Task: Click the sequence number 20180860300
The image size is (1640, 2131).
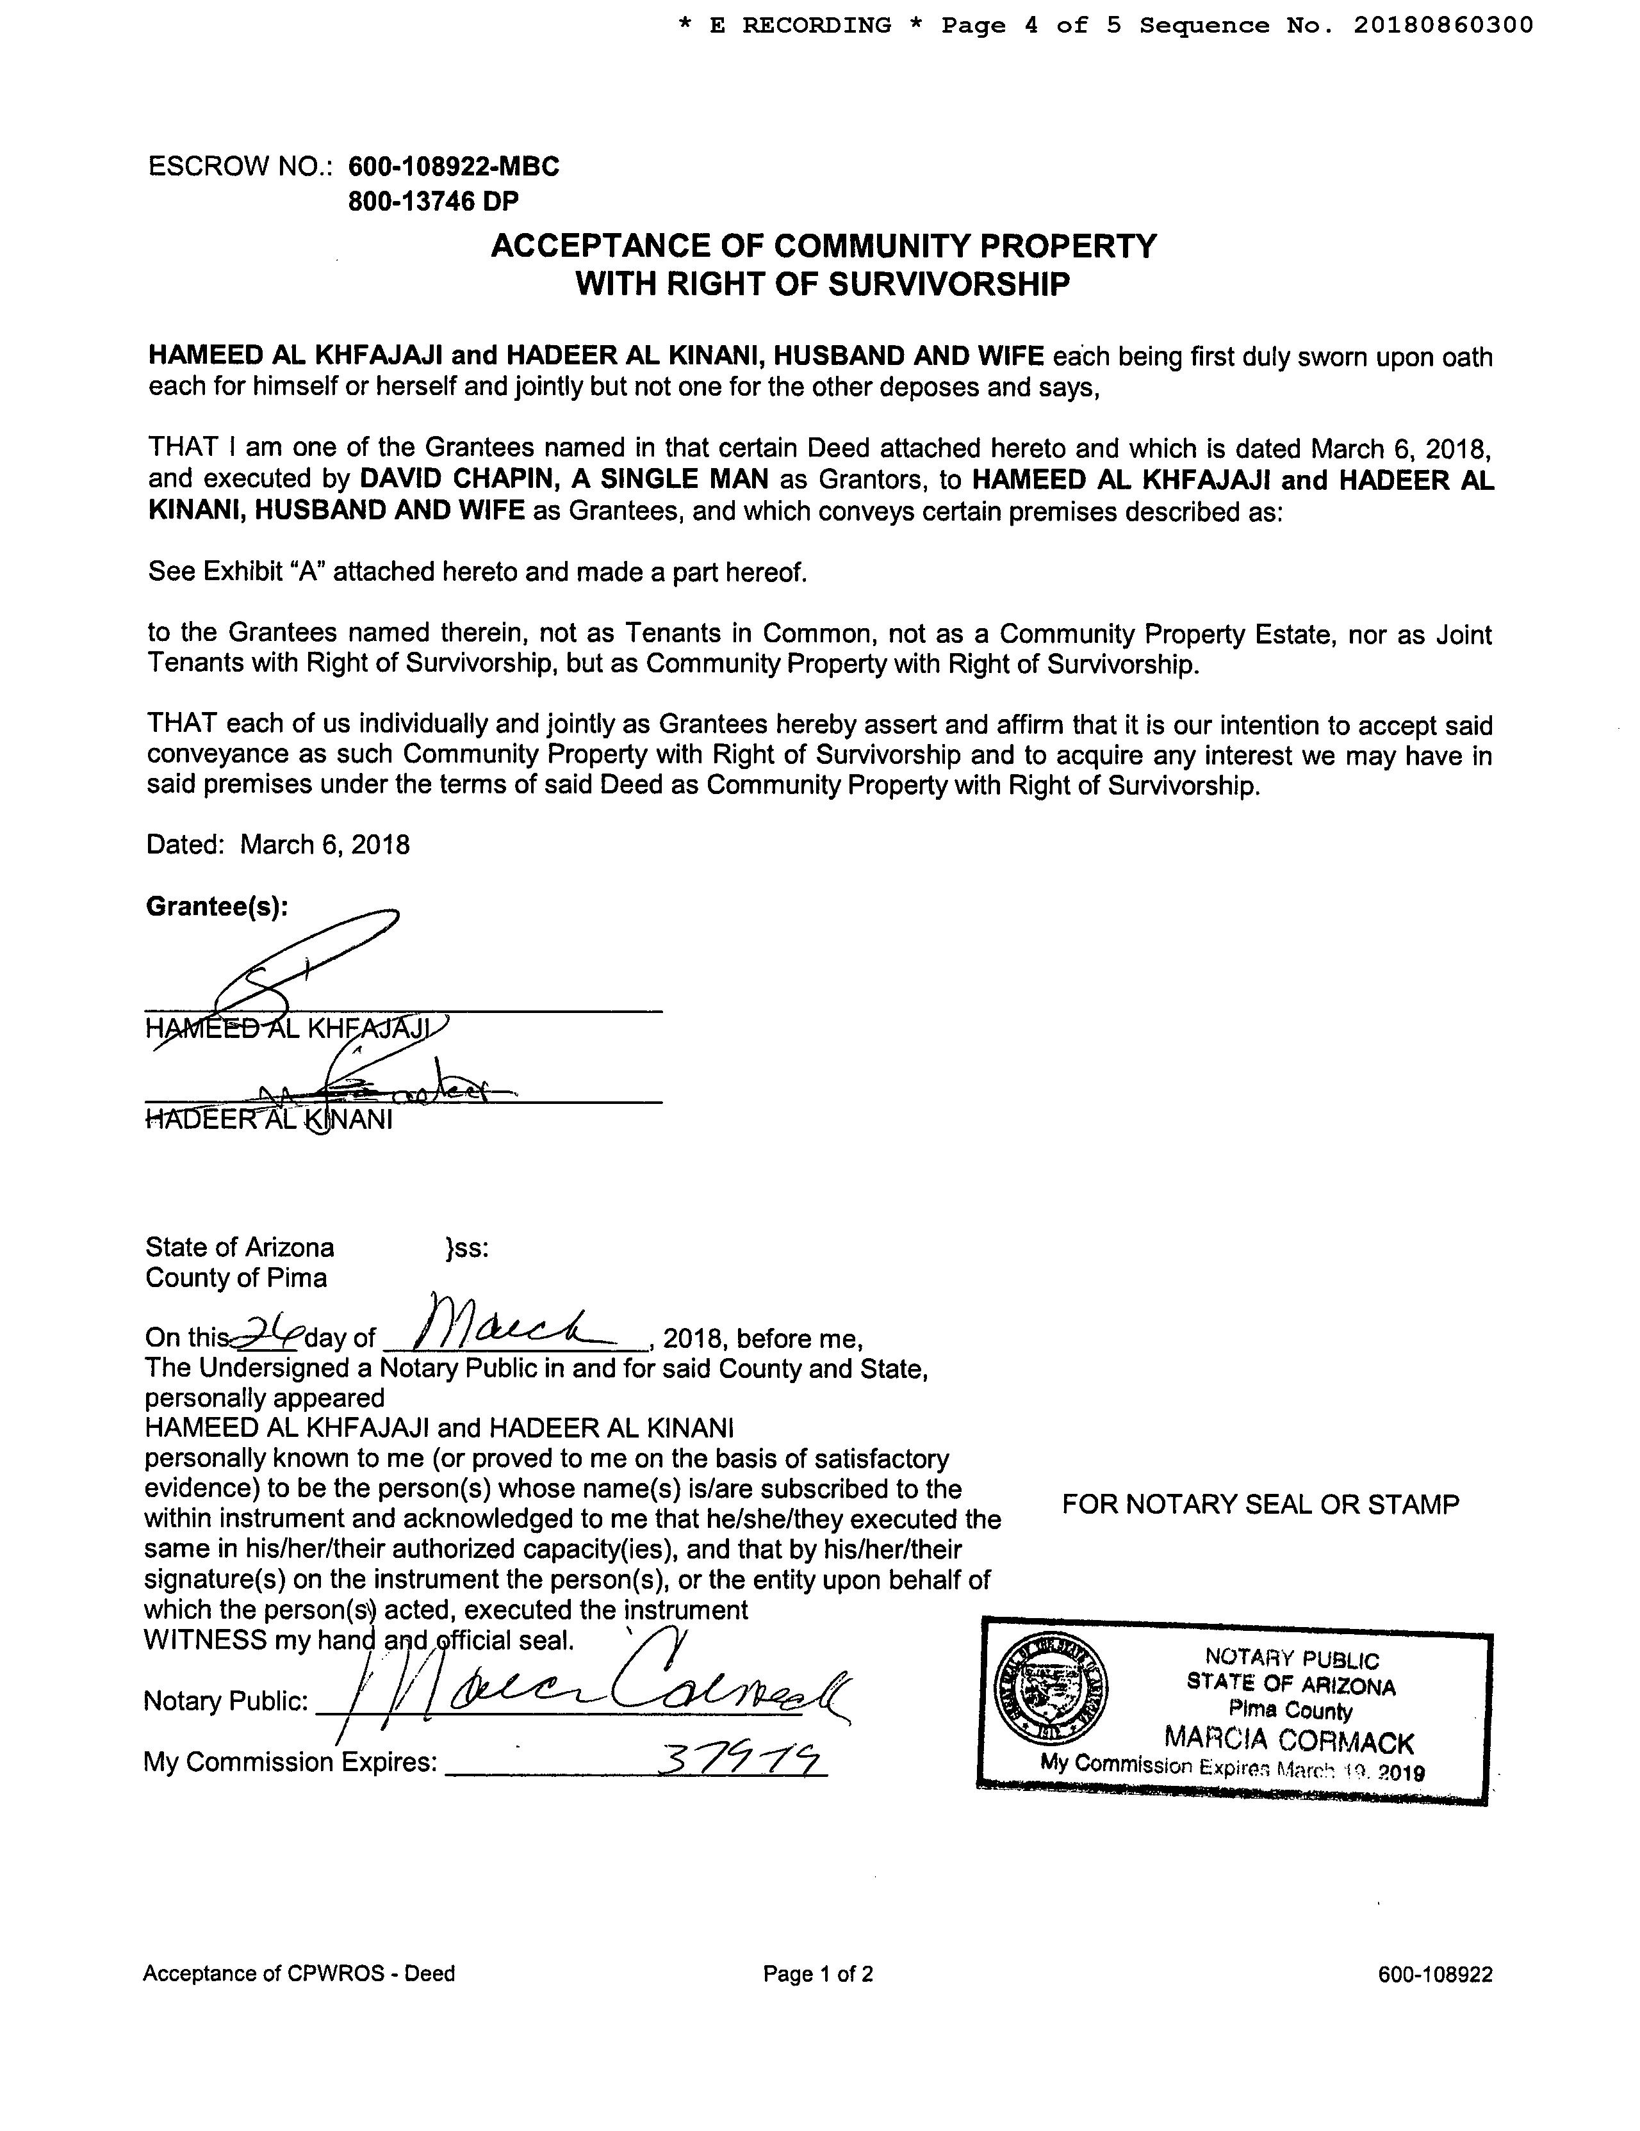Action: tap(1443, 26)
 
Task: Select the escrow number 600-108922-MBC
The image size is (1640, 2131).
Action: tap(454, 167)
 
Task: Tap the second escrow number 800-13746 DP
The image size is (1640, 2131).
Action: tap(434, 202)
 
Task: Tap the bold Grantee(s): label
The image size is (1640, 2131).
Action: tap(217, 907)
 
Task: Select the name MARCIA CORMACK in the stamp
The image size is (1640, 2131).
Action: tap(1288, 1740)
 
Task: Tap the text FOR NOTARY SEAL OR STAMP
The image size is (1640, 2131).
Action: tap(1260, 1505)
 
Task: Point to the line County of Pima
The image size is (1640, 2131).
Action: tap(236, 1278)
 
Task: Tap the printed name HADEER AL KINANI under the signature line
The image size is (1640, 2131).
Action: tap(268, 1119)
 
